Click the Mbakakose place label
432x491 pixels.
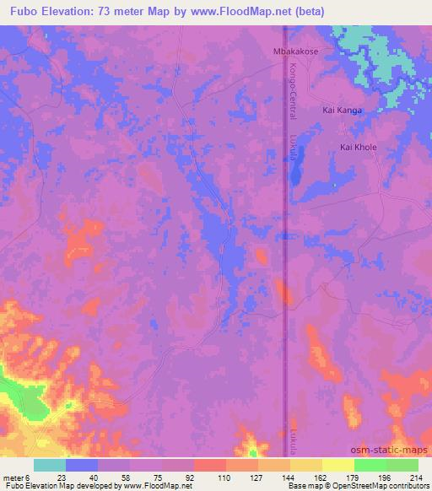[294, 51]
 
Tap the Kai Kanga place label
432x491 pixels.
[344, 111]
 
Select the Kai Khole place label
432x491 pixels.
[358, 147]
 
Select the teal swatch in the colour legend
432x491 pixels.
[50, 465]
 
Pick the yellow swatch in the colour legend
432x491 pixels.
[337, 465]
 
